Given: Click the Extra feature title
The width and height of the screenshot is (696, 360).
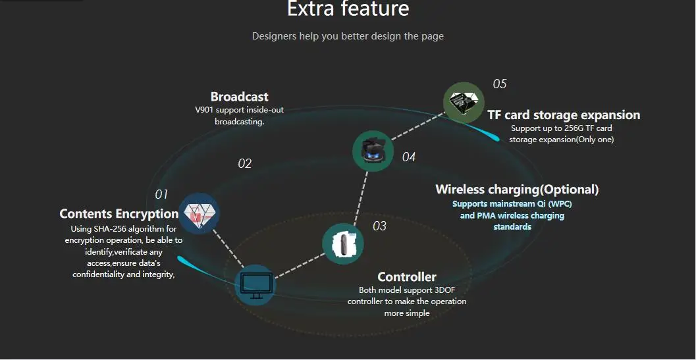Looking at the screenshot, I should [348, 9].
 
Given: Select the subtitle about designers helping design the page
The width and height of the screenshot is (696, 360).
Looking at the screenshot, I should [348, 36].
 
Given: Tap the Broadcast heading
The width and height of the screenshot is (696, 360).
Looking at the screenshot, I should [239, 97].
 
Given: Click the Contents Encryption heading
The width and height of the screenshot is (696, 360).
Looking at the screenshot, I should [119, 214].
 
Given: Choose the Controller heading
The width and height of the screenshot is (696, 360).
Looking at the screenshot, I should [406, 277].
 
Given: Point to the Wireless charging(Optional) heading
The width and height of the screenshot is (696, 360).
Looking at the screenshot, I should [517, 190].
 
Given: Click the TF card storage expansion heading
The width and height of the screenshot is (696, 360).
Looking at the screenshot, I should [563, 115].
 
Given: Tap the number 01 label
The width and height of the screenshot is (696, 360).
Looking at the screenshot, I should [161, 195].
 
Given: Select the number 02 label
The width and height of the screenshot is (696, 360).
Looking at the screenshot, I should [244, 164].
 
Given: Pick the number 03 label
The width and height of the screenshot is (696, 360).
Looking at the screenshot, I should [379, 226].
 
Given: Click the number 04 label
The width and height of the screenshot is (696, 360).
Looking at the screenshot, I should [409, 157].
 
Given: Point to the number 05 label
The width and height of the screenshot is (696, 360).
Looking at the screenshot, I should [499, 84].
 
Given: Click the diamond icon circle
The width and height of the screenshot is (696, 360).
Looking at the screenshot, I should [199, 213].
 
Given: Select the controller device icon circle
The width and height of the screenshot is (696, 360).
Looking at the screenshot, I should [342, 244].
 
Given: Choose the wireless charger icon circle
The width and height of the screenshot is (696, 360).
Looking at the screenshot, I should [373, 151].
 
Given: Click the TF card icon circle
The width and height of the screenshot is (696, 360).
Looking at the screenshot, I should [464, 103].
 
